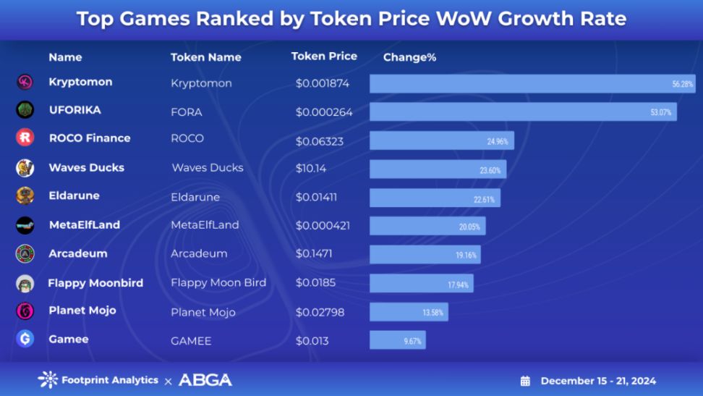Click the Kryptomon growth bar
point(532,83)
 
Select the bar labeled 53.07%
point(523,111)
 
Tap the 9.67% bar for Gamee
point(397,340)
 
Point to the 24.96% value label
point(497,141)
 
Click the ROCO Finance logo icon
point(25,138)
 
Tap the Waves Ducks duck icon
point(25,168)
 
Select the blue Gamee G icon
point(25,339)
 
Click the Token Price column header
point(324,56)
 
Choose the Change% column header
point(409,57)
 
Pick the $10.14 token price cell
point(311,168)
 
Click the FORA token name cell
point(187,112)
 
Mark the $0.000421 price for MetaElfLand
point(323,225)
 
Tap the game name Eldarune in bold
point(74,195)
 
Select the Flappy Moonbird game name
point(95,282)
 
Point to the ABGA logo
point(205,379)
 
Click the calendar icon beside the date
point(526,381)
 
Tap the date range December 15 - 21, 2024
point(598,381)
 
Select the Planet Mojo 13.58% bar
point(409,312)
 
